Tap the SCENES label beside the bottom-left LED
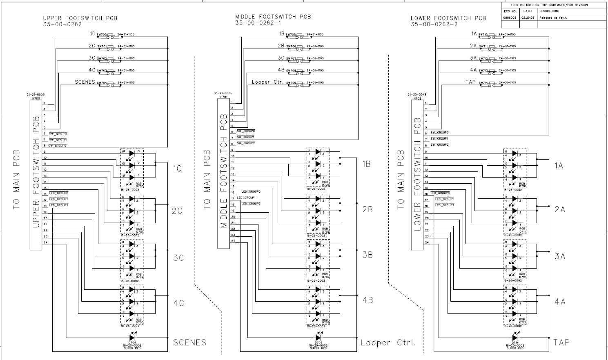coord(189,342)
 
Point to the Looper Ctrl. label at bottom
coord(388,343)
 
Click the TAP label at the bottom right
coord(561,342)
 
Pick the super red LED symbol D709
coord(318,337)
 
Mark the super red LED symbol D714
coord(515,337)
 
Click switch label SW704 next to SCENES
coord(101,83)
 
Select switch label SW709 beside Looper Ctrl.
coord(291,83)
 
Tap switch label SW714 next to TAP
coord(483,83)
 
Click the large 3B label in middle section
coord(367,255)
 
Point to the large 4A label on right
coord(560,302)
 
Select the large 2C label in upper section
coord(177,211)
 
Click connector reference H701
coord(224,97)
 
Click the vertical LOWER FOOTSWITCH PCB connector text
coord(417,174)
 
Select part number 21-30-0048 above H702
coord(417,95)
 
